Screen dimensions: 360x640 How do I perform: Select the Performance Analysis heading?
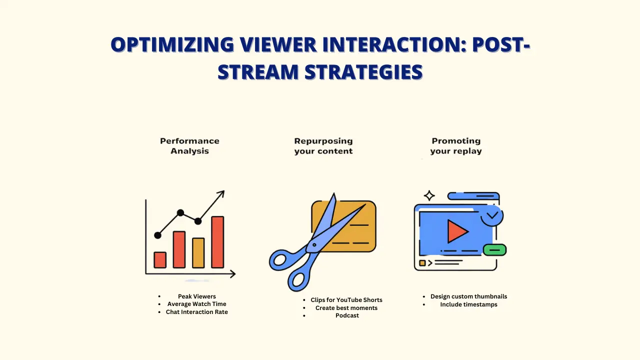click(189, 146)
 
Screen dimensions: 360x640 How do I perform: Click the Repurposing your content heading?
click(323, 146)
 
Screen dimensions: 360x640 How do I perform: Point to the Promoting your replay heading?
click(456, 146)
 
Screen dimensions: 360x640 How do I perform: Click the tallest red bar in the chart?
click(217, 242)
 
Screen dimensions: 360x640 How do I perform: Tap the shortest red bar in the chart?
click(160, 259)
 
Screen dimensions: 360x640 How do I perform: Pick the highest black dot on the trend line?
click(180, 213)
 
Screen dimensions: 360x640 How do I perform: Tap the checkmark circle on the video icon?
click(492, 215)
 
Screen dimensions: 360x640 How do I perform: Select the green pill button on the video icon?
click(494, 249)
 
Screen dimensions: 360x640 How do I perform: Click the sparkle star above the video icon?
click(429, 195)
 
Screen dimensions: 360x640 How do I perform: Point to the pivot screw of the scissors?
click(314, 244)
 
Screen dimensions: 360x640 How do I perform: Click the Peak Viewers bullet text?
click(197, 296)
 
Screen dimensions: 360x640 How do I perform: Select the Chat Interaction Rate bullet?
click(197, 312)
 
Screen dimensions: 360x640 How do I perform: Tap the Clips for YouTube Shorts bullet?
click(346, 300)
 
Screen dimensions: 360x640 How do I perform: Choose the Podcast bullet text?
click(347, 315)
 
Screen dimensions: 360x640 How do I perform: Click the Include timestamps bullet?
click(468, 304)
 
